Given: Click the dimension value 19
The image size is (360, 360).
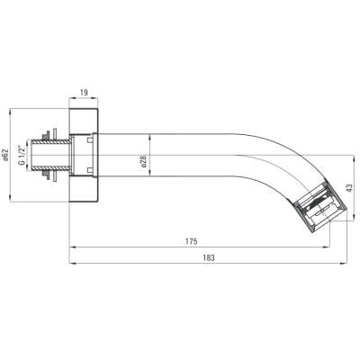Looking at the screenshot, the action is pos(84,93).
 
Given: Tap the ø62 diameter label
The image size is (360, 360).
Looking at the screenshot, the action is pos(4,155).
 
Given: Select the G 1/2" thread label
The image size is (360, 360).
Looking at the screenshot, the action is pos(21,155).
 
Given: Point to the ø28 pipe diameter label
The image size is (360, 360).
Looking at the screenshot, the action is pos(143,161).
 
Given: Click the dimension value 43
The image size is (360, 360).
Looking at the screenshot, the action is pos(348,188).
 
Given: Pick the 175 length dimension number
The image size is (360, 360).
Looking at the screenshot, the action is pos(192,241).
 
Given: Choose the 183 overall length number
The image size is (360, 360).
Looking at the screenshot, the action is pos(209,257).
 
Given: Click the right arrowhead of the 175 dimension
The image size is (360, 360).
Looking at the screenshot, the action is pos(327,247).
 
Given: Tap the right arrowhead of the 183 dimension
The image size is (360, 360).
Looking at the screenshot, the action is pos(344,264).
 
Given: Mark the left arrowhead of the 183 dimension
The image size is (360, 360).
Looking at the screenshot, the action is pos(73,264).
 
